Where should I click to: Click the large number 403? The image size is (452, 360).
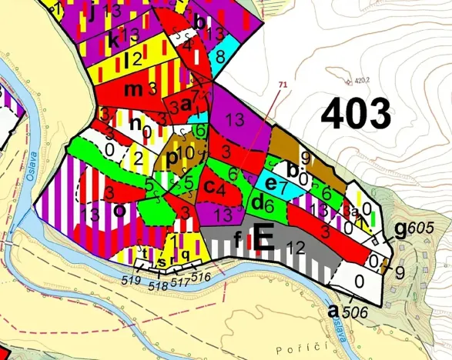click(x=355, y=115)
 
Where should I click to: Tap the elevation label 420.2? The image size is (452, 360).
click(x=360, y=78)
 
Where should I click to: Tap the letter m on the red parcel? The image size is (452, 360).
click(x=133, y=89)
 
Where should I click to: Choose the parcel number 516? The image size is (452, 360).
click(x=200, y=276)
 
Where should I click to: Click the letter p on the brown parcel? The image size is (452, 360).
click(x=172, y=158)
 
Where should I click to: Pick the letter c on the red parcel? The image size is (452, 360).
click(x=208, y=188)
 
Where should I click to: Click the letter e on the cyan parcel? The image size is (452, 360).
click(x=270, y=185)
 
